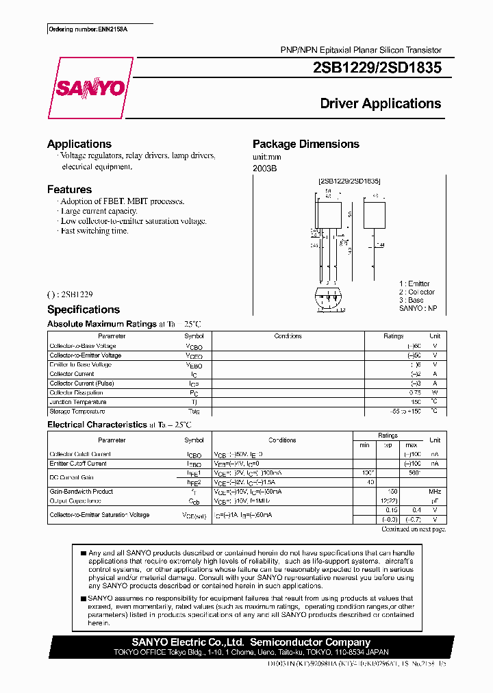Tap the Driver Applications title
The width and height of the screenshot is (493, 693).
(x=381, y=104)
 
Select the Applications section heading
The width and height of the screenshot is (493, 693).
(x=79, y=144)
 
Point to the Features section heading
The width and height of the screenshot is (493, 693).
(x=69, y=190)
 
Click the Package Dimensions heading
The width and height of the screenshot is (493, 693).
(x=305, y=144)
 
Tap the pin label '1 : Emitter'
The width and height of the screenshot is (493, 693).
(x=414, y=283)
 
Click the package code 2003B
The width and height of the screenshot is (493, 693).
(x=264, y=168)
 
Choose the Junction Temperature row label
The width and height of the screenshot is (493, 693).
(x=77, y=402)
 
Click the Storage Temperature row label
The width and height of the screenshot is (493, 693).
(x=77, y=412)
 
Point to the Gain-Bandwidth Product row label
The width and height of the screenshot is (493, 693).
(x=81, y=492)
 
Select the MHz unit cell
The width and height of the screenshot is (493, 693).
(x=434, y=492)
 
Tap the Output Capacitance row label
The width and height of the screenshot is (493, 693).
(x=76, y=501)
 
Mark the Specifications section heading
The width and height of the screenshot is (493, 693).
(x=83, y=310)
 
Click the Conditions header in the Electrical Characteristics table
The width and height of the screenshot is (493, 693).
(x=282, y=440)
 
